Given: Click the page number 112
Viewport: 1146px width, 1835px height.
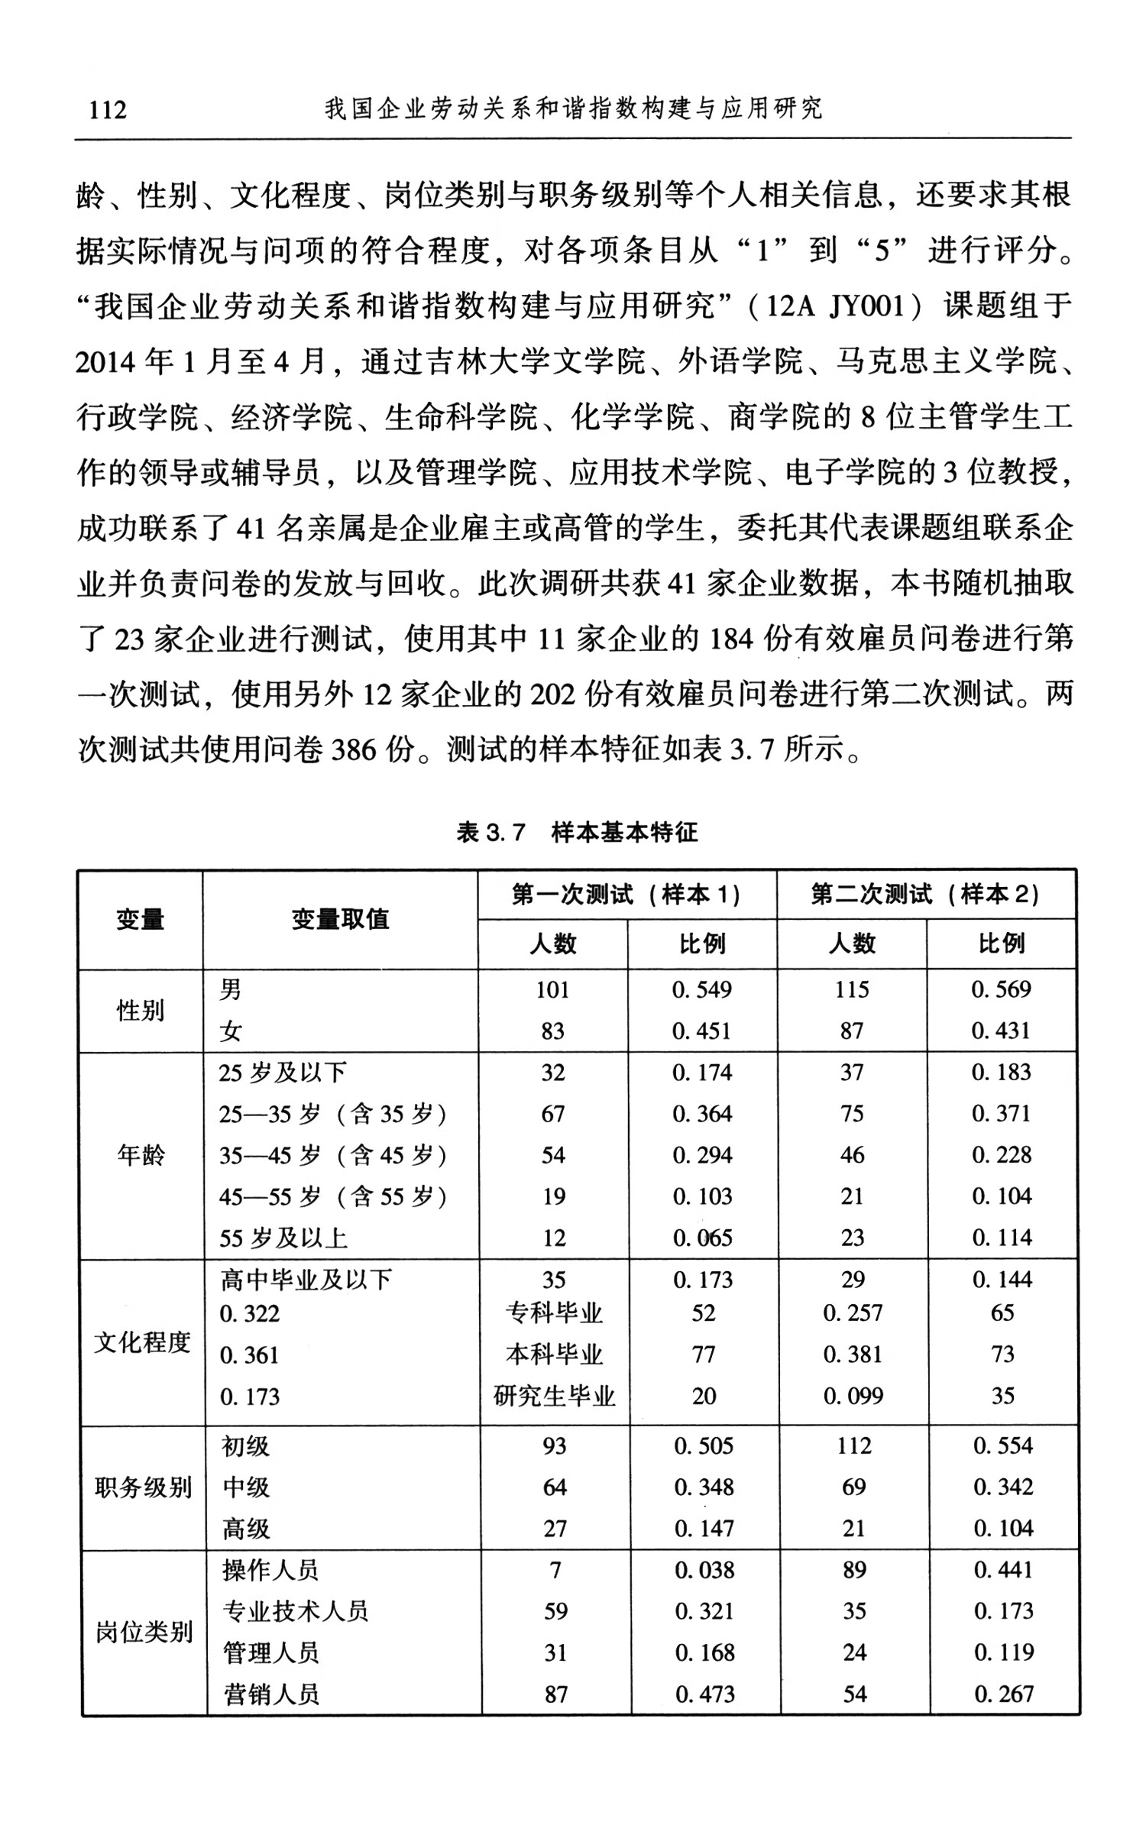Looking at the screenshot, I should click(x=108, y=110).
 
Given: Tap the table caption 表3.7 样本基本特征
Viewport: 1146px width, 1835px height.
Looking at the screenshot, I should click(x=577, y=832).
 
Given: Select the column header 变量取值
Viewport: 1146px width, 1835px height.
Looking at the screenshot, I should click(x=340, y=919).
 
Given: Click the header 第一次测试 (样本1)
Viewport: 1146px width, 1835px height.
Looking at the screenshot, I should click(x=626, y=894).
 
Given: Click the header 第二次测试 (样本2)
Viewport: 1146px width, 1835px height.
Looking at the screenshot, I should click(x=926, y=894).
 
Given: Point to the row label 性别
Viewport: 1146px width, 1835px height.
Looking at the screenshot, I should click(x=141, y=1011).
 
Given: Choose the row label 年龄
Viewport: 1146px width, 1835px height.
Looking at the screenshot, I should click(x=141, y=1154).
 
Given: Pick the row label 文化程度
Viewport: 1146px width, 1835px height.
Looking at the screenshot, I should click(x=142, y=1341).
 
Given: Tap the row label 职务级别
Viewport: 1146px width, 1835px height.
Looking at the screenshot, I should click(x=143, y=1487).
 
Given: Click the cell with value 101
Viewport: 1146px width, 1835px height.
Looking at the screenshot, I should click(x=552, y=990).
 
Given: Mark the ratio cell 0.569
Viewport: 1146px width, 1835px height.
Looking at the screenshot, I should click(x=1001, y=990).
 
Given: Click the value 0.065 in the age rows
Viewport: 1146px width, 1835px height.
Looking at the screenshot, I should click(x=702, y=1238).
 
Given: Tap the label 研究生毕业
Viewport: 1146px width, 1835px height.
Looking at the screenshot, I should click(x=554, y=1396).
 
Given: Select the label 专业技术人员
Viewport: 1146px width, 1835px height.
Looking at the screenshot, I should click(x=296, y=1610).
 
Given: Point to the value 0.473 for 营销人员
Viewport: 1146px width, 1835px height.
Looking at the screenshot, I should click(x=704, y=1694).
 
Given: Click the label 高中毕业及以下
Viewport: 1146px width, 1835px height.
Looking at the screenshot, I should click(x=306, y=1279).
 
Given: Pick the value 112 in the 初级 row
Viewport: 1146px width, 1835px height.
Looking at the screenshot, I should click(x=853, y=1445).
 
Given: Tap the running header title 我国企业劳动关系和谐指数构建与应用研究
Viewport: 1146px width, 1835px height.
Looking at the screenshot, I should click(x=573, y=109).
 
